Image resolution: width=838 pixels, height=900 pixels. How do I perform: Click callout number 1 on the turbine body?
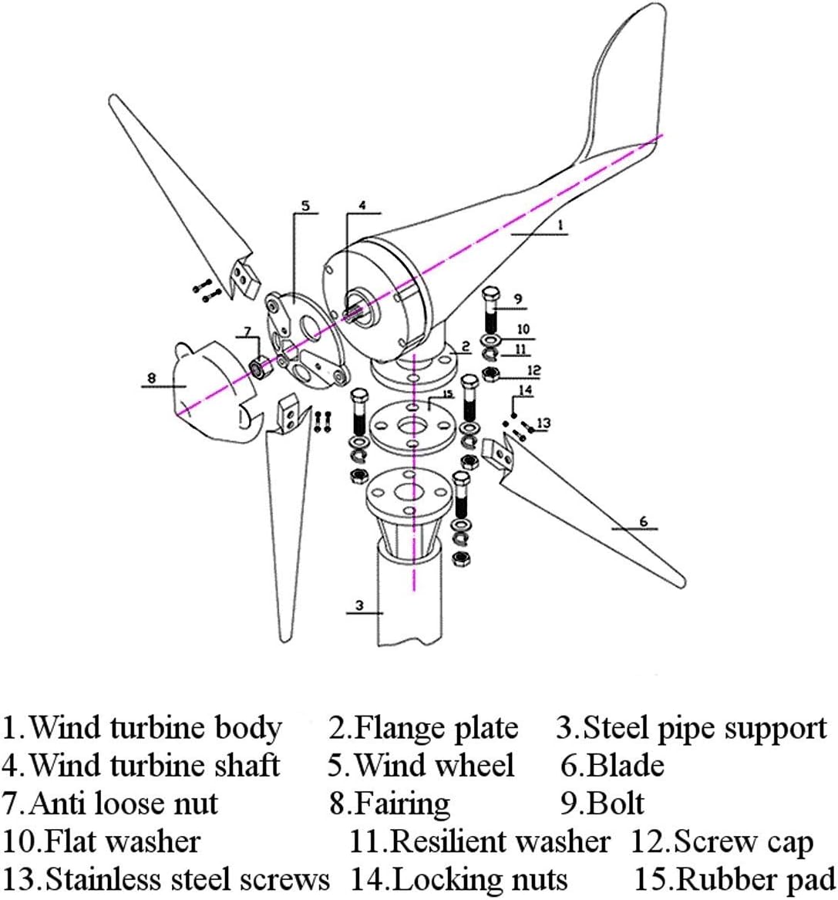pos(560,225)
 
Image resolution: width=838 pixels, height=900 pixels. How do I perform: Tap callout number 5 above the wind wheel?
pos(305,206)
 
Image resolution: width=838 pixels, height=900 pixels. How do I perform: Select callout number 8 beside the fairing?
pos(151,378)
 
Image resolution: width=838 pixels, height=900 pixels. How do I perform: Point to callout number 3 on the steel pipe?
pos(359,605)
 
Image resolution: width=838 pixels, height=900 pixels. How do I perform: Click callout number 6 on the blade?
pos(644,522)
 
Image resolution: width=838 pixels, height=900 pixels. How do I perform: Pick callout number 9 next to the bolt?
pos(518,298)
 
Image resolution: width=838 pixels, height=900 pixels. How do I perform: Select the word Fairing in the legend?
pos(402,804)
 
